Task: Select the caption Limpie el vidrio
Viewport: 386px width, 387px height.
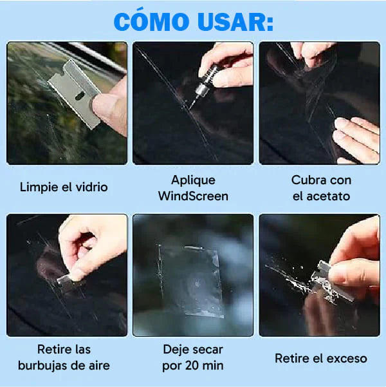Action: click(64, 187)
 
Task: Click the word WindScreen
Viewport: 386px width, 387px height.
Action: click(193, 196)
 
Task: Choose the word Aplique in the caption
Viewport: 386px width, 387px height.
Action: click(193, 180)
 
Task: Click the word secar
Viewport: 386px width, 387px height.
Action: click(206, 350)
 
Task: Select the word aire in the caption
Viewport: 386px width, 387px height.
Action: click(98, 366)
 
